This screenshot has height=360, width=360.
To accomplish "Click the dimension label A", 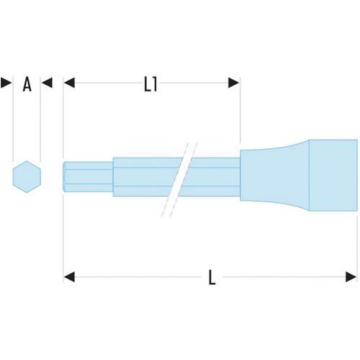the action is pyautogui.click(x=27, y=84).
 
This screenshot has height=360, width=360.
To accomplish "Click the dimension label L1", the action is pyautogui.click(x=150, y=84).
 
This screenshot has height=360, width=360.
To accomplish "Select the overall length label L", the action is pyautogui.click(x=212, y=277).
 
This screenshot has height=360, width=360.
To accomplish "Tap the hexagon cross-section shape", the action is pyautogui.click(x=27, y=176).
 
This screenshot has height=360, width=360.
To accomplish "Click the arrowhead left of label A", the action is pyautogui.click(x=6, y=83).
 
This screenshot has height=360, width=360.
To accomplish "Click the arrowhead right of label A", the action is pyautogui.click(x=47, y=83).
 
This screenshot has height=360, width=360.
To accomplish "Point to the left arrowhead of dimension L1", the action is pyautogui.click(x=69, y=83).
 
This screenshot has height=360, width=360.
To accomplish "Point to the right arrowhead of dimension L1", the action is pyautogui.click(x=233, y=83).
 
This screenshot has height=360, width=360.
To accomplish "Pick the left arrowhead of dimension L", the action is pyautogui.click(x=69, y=277).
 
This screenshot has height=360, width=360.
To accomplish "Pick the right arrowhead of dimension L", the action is pyautogui.click(x=351, y=277).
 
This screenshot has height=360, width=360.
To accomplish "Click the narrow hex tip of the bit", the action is pyautogui.click(x=88, y=177).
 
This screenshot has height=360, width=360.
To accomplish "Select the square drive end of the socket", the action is pyautogui.click(x=333, y=175).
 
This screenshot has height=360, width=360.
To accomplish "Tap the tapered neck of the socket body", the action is pyautogui.click(x=275, y=175).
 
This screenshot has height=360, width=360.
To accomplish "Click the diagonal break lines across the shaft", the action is pyautogui.click(x=179, y=180).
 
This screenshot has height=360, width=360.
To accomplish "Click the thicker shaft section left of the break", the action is pyautogui.click(x=146, y=177).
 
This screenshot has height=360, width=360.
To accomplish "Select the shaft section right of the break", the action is pyautogui.click(x=211, y=177).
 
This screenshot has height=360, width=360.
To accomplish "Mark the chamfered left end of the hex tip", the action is pyautogui.click(x=64, y=177).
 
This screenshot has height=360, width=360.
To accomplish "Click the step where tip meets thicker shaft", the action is pyautogui.click(x=113, y=177).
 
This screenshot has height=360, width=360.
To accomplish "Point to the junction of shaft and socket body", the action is pyautogui.click(x=240, y=177).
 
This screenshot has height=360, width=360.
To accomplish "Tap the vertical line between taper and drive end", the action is pyautogui.click(x=309, y=175).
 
